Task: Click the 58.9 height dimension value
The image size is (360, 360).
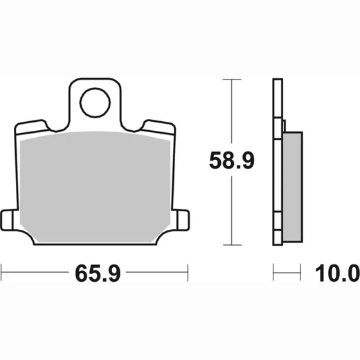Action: pos(232,161)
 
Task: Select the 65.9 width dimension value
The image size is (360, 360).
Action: pos(98,273)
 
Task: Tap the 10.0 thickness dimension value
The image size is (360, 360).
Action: pos(337,273)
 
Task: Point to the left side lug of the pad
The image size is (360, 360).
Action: pos(7,220)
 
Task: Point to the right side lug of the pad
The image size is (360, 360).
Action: pos(183,220)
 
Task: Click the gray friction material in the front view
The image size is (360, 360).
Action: pos(95,187)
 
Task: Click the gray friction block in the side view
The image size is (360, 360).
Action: pos(292,187)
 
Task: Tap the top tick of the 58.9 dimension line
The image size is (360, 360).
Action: pos(232,79)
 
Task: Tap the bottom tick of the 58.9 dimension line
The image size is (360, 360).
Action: pos(232,245)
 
